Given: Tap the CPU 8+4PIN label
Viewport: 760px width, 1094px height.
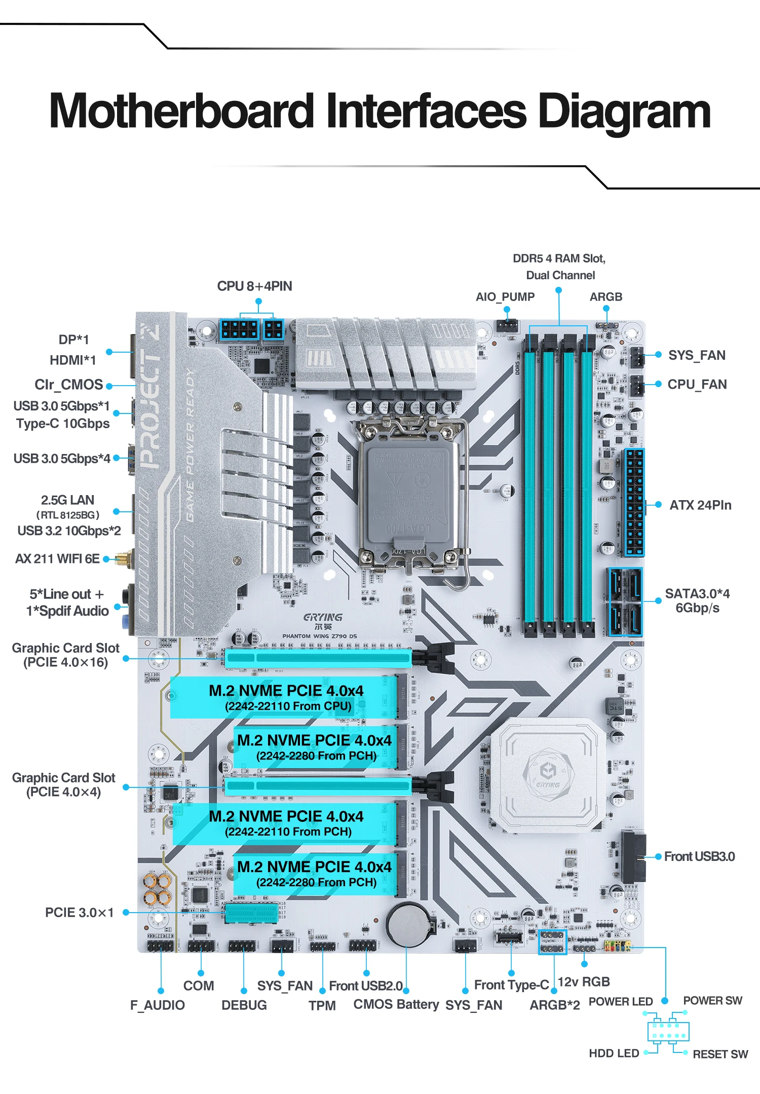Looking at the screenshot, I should tap(254, 286).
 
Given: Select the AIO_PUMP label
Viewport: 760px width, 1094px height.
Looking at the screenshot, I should tap(505, 297).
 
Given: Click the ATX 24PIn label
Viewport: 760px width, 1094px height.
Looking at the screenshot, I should tap(700, 505).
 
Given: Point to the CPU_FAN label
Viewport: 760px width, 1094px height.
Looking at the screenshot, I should tap(697, 385).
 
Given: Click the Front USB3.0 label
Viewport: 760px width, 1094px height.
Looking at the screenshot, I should tap(699, 856).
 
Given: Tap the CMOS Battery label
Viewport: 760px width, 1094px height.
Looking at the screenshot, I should tap(396, 1004).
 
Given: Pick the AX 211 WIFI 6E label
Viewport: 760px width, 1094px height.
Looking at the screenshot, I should tap(57, 559).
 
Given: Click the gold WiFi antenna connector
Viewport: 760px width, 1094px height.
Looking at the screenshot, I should tap(123, 559).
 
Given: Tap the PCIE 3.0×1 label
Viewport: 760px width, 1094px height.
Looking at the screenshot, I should tap(80, 913).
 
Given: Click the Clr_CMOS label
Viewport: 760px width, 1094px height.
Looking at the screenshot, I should tap(68, 385).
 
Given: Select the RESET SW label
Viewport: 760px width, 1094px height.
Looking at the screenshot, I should tap(720, 1054).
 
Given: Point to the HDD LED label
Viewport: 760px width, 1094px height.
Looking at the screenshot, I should tap(614, 1053).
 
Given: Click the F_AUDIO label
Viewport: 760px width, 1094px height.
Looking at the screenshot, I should tap(157, 1005).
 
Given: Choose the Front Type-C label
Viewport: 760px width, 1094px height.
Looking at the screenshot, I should tap(511, 985).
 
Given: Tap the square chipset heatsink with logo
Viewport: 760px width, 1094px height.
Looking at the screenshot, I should tap(548, 775).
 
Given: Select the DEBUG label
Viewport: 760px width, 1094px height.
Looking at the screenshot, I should tap(244, 1005).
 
